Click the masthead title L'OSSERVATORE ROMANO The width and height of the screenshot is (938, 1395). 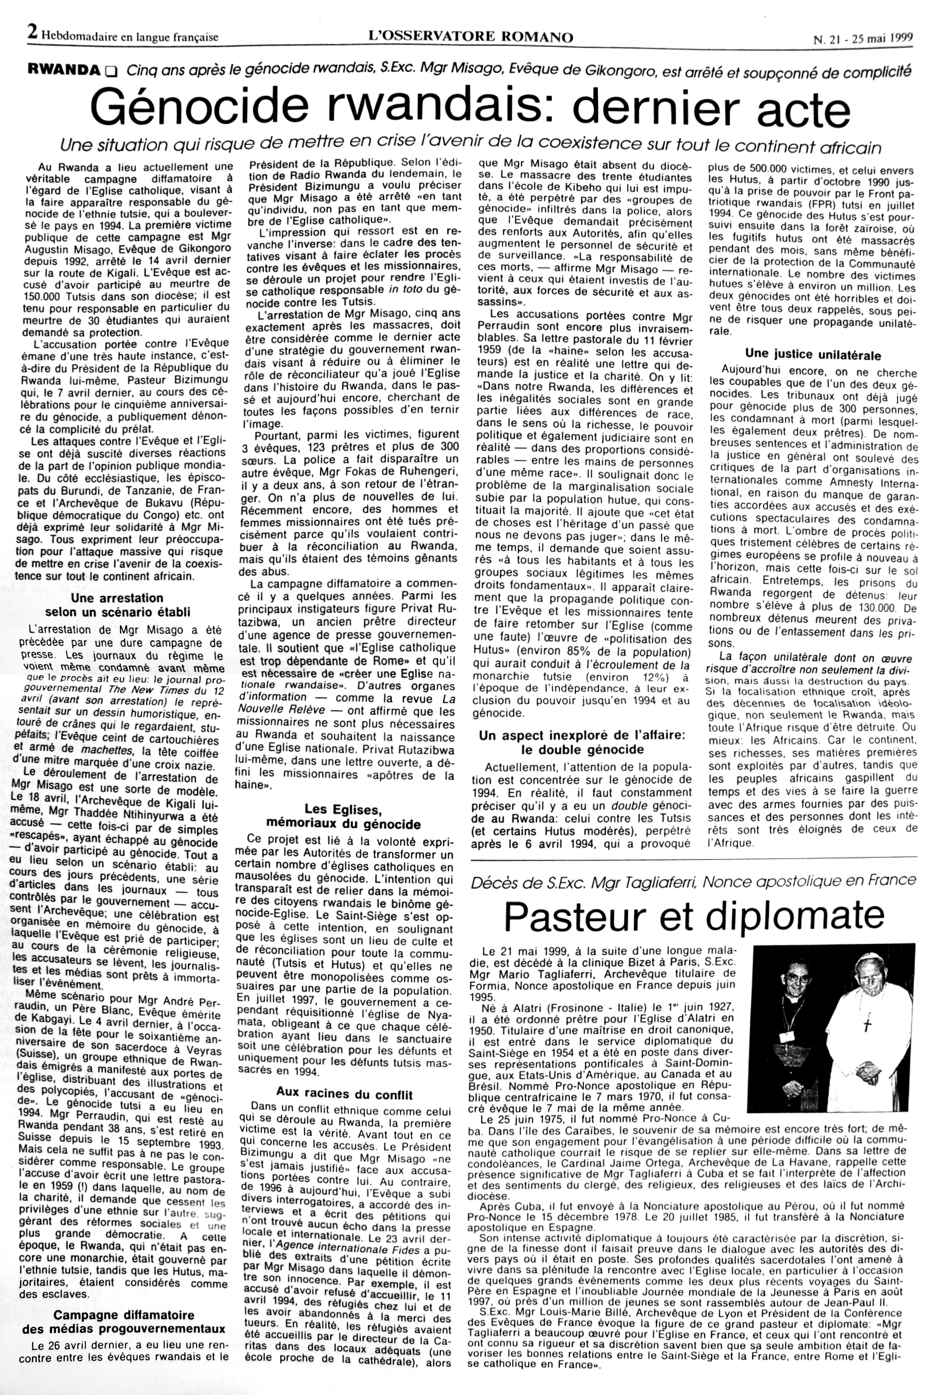click(x=471, y=37)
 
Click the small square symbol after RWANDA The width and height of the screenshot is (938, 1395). click(x=109, y=72)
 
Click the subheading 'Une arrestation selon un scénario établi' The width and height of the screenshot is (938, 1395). click(x=117, y=605)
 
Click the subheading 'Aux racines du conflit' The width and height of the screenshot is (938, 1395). click(x=344, y=1095)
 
